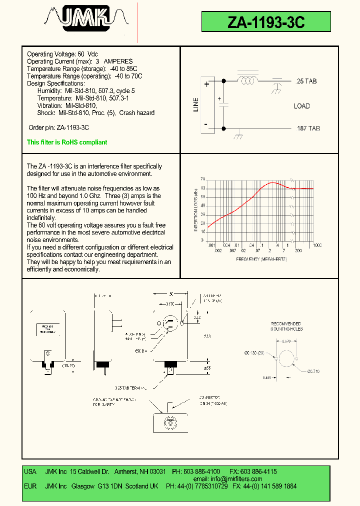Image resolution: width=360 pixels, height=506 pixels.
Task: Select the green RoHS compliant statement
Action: pyautogui.click(x=67, y=142)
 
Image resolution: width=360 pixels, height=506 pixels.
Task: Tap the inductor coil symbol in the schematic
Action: pyautogui.click(x=247, y=80)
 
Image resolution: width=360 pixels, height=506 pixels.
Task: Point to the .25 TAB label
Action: pyautogui.click(x=306, y=81)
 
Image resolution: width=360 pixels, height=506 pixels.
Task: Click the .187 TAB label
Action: pyautogui.click(x=307, y=128)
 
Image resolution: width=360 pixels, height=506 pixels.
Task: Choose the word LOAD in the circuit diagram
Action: pyautogui.click(x=301, y=106)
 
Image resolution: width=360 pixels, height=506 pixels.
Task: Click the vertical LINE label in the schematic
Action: pyautogui.click(x=196, y=104)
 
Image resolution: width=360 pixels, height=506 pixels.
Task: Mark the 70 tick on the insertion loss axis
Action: pyautogui.click(x=203, y=179)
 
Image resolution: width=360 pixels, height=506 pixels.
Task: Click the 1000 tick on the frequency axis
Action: pyautogui.click(x=317, y=245)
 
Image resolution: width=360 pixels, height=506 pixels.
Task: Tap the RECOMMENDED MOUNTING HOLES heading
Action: pyautogui.click(x=287, y=326)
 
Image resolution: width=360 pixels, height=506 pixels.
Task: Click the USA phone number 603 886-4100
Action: pyautogui.click(x=202, y=471)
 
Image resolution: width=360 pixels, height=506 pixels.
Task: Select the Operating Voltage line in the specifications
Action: pyautogui.click(x=62, y=54)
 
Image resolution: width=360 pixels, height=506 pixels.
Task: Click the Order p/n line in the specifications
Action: pyautogui.click(x=58, y=128)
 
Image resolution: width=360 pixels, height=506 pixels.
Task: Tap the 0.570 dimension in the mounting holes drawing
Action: pyautogui.click(x=286, y=341)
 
